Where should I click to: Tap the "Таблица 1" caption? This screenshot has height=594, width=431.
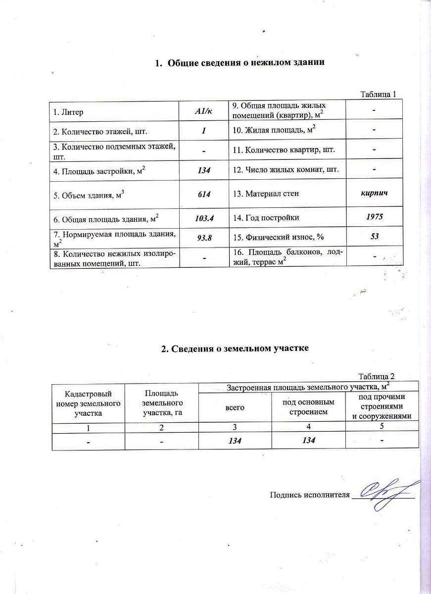pos(379,94)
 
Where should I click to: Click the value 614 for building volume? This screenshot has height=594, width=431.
pos(203,194)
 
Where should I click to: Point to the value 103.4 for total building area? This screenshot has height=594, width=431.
pos(204,218)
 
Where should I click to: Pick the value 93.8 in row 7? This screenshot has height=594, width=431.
pos(204,238)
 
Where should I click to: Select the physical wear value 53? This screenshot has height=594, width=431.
pos(375,237)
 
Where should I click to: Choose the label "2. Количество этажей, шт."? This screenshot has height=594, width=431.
pos(99,131)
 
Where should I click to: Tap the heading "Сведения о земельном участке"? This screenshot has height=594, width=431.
pos(235,348)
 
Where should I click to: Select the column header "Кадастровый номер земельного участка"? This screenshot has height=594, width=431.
pos(89,402)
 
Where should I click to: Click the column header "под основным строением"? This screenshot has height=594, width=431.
pos(308,406)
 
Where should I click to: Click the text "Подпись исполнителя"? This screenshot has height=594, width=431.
pos(309,494)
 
